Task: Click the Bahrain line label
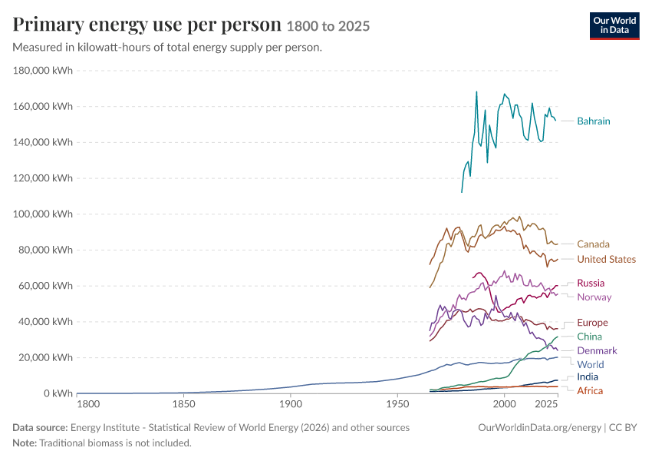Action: (x=594, y=121)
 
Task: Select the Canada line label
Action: (x=593, y=244)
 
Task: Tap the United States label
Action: (x=606, y=259)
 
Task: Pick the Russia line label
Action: (x=591, y=284)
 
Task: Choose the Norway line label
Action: (x=594, y=297)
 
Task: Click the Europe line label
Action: (x=592, y=323)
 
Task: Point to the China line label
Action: (x=589, y=337)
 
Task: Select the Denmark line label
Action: (x=597, y=350)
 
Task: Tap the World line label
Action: (x=590, y=365)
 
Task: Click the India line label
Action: (x=588, y=377)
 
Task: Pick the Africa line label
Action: (x=590, y=390)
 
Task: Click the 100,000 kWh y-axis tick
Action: (x=43, y=214)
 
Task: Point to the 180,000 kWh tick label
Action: (x=43, y=71)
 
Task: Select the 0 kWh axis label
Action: (x=58, y=393)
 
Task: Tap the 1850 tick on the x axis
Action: (x=184, y=404)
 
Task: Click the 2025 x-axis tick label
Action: (x=546, y=404)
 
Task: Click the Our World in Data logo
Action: (x=614, y=26)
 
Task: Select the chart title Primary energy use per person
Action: (x=147, y=25)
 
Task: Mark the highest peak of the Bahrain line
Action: (x=476, y=91)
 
